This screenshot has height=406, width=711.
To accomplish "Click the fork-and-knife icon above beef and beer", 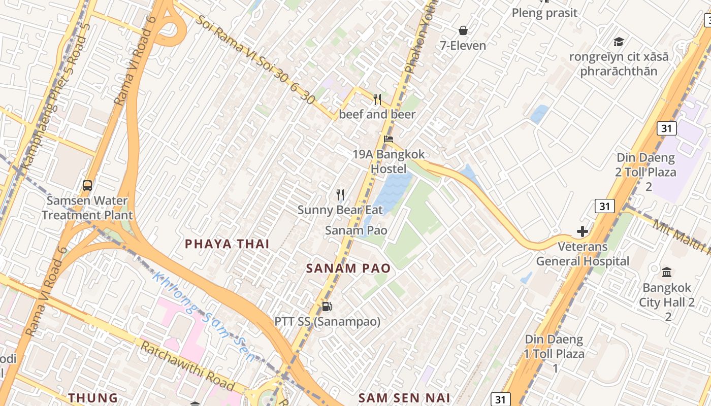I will [377, 99].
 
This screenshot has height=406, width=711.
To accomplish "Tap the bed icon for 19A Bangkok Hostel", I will [389, 139].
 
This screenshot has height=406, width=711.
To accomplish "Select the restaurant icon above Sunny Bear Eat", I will [340, 194].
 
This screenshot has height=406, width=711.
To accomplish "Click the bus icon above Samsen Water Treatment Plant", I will [87, 186].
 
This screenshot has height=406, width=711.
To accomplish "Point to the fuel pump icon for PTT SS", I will [327, 307].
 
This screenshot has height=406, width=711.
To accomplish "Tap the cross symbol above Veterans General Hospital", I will [583, 232].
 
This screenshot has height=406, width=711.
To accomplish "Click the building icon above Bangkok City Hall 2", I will [667, 273].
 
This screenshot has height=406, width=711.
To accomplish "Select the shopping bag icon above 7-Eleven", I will [463, 30].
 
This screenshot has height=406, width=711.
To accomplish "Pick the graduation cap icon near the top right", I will [619, 42].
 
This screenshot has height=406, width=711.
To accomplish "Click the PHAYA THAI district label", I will [227, 244].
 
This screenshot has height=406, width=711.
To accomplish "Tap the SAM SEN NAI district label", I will [404, 398].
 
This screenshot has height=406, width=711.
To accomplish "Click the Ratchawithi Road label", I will [187, 366].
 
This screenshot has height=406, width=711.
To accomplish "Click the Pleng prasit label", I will [544, 13].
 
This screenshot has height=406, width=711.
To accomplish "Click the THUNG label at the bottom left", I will [93, 398].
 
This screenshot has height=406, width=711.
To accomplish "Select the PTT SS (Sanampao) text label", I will [327, 322].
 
